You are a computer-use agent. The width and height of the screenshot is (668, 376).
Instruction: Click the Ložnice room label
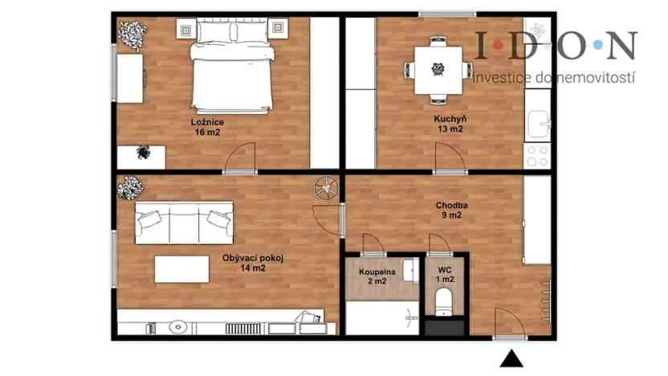(207, 122)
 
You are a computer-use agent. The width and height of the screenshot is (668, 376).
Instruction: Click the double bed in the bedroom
(232, 68)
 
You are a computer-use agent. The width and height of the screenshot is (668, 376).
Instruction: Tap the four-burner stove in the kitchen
(536, 155)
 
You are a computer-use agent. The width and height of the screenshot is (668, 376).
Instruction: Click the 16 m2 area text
(207, 133)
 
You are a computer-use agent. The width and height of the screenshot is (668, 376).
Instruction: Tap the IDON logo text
(555, 46)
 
